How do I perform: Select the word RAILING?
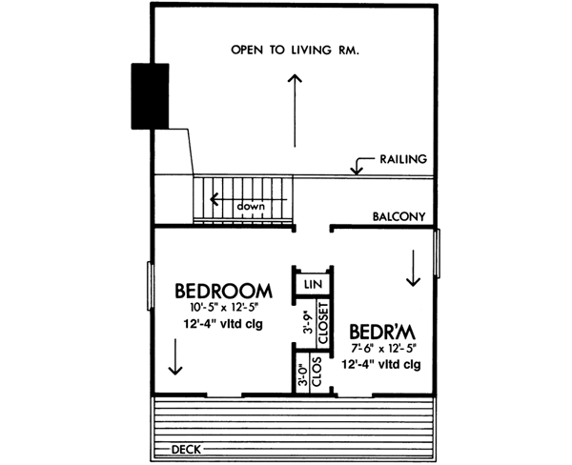point(402,159)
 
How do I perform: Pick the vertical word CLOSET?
point(321,324)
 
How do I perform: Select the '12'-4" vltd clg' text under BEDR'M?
point(381,364)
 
